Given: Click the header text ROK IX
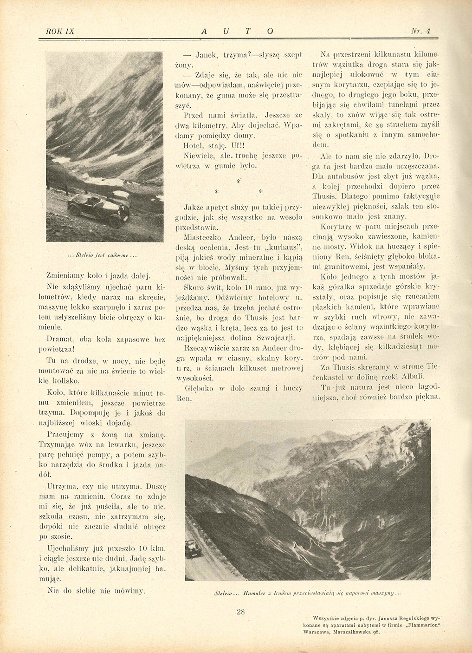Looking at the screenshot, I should [x=60, y=31].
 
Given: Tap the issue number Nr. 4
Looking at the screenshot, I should [x=421, y=31].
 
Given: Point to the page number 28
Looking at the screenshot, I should [x=240, y=612].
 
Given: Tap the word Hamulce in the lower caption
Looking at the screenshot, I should [x=252, y=594].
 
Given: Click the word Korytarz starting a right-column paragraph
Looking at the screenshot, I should [x=336, y=227].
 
